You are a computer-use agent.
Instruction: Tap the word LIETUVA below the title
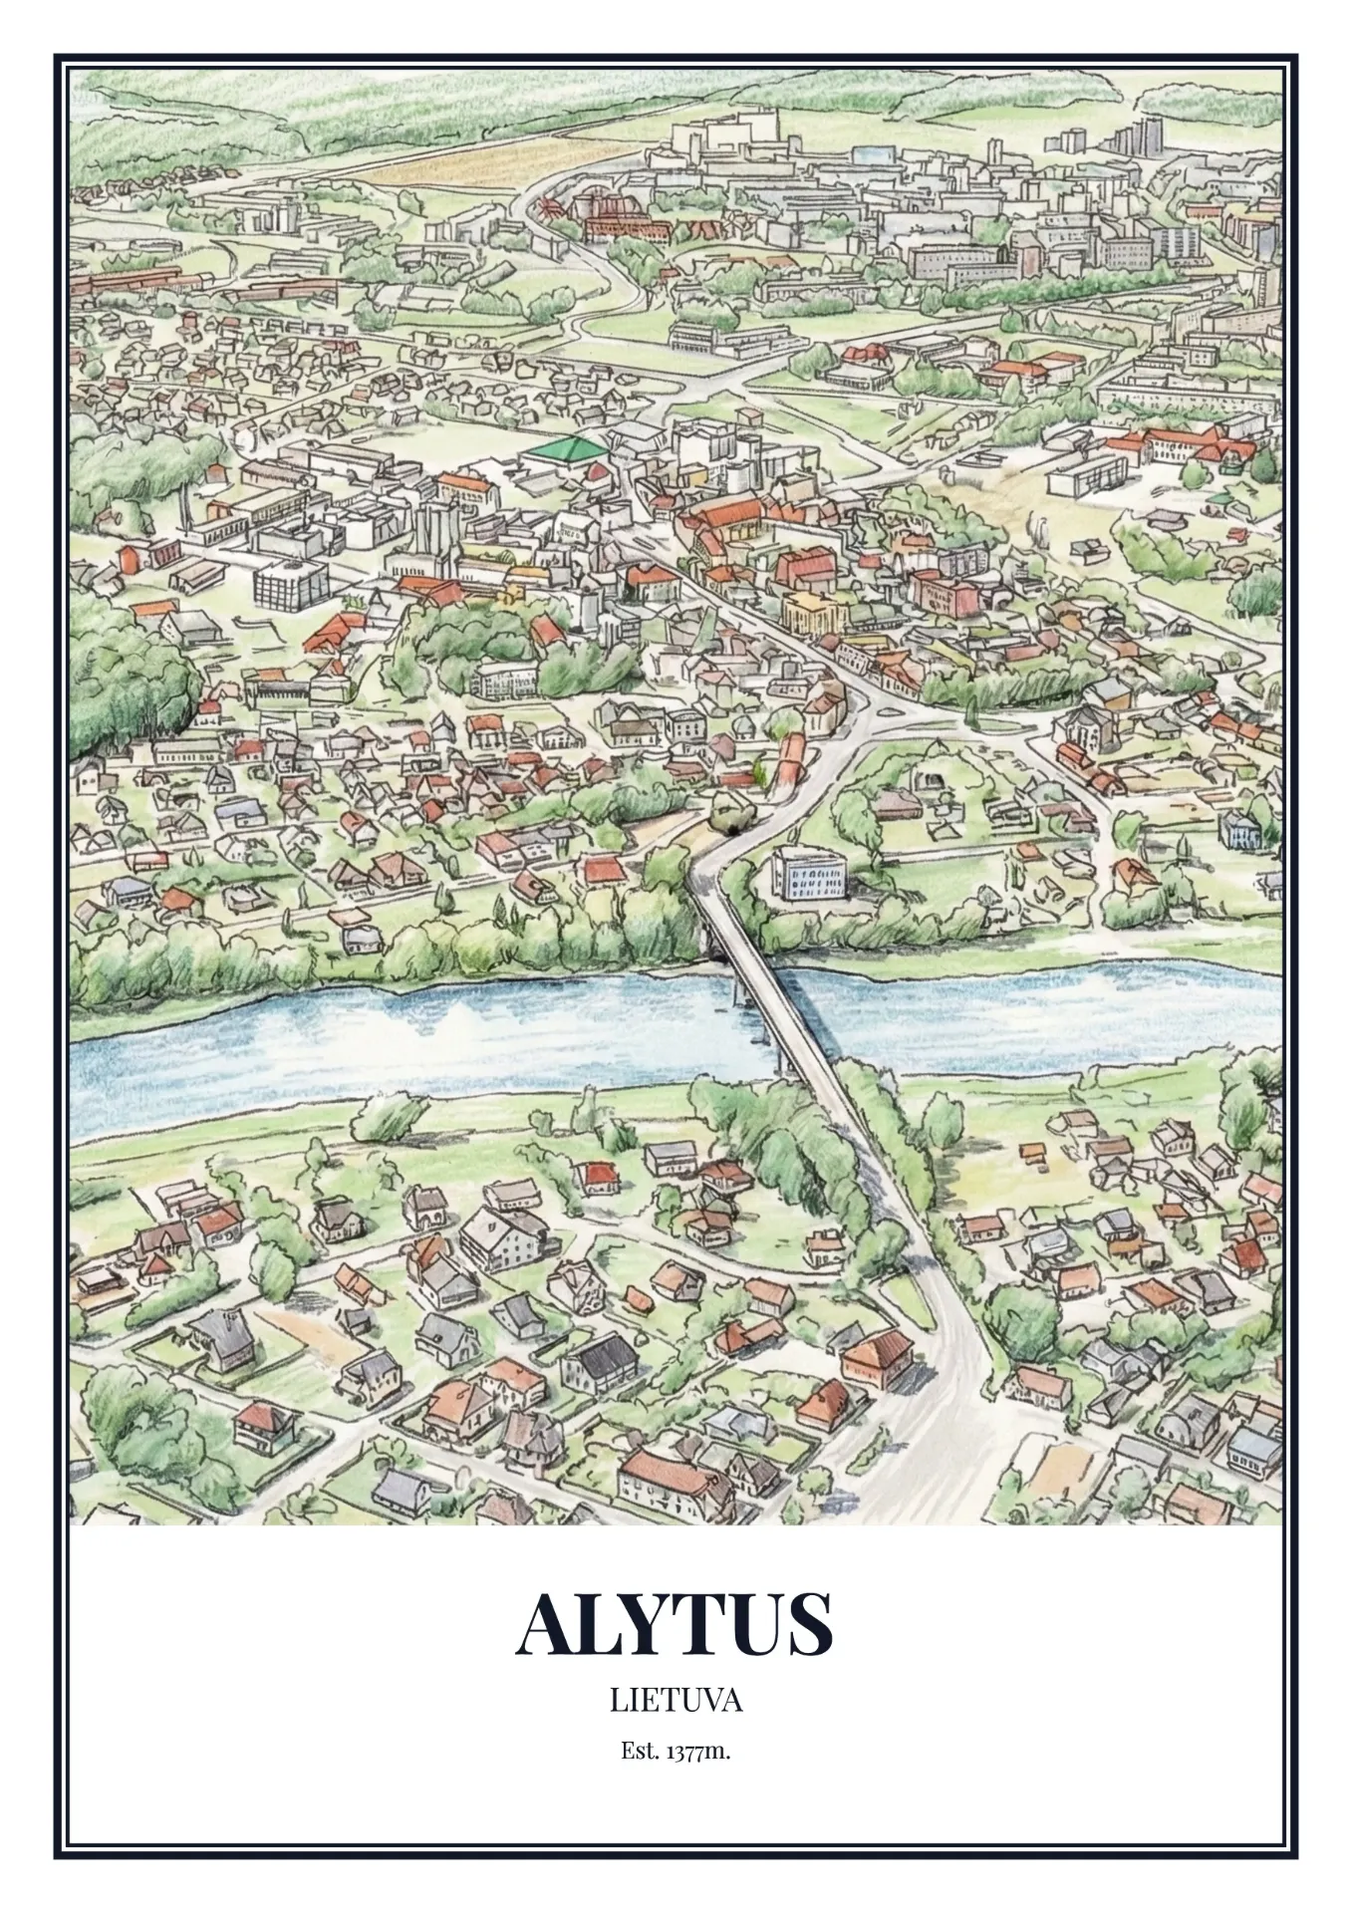[676, 1699]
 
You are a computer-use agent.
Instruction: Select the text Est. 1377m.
[676, 1751]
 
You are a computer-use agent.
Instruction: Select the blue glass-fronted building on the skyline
[872, 154]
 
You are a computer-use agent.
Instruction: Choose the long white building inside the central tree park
[504, 680]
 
